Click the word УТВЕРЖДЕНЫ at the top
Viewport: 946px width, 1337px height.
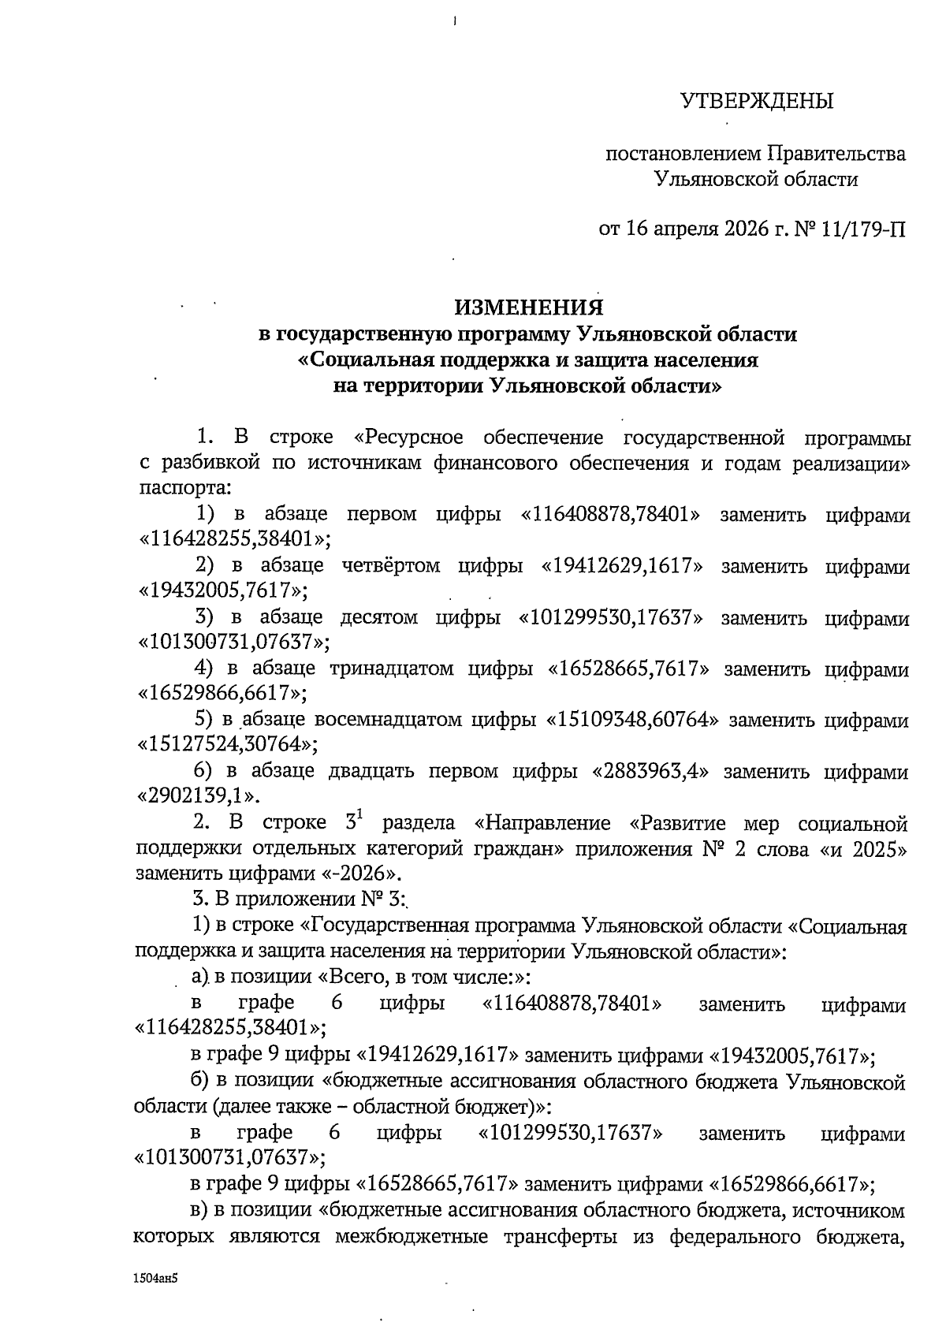tap(757, 101)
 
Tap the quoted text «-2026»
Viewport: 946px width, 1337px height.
tap(367, 873)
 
